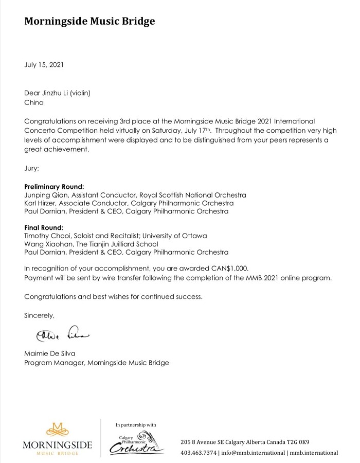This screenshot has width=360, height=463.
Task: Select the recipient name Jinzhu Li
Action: coord(57,93)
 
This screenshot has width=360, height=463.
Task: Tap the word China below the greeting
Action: coord(34,102)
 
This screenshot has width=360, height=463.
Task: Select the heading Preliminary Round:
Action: coord(54,186)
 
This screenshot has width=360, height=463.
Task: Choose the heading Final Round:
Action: coord(44,227)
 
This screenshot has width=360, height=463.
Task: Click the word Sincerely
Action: coord(39,315)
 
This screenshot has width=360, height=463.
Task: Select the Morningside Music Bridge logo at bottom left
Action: coord(57,438)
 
